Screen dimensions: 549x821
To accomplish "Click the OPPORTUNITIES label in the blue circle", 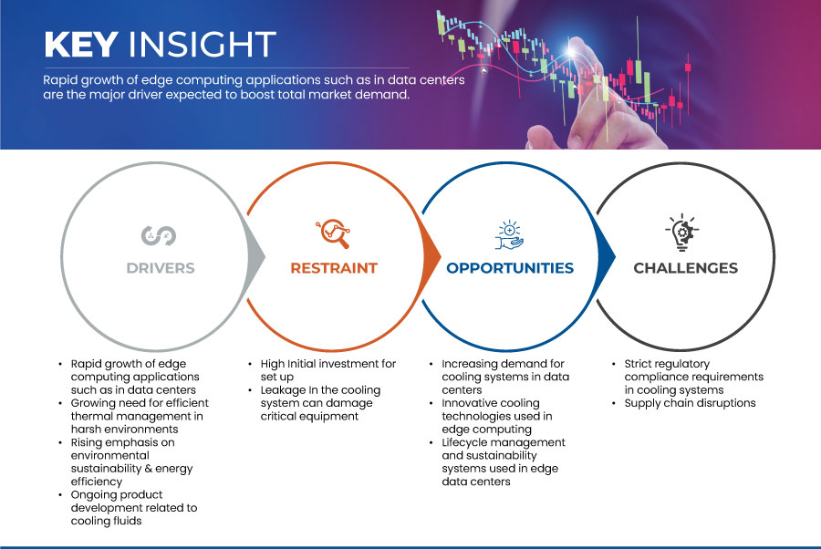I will pos(510,268).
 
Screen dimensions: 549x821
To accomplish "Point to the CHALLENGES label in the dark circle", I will pos(686,268).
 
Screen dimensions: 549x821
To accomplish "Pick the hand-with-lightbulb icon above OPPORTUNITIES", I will pos(509,233).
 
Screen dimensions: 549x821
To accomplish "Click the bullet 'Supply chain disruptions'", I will pos(690,403).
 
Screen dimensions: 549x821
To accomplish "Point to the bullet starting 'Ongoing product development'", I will pos(135,508).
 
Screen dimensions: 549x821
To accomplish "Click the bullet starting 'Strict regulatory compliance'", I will pos(693,377).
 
